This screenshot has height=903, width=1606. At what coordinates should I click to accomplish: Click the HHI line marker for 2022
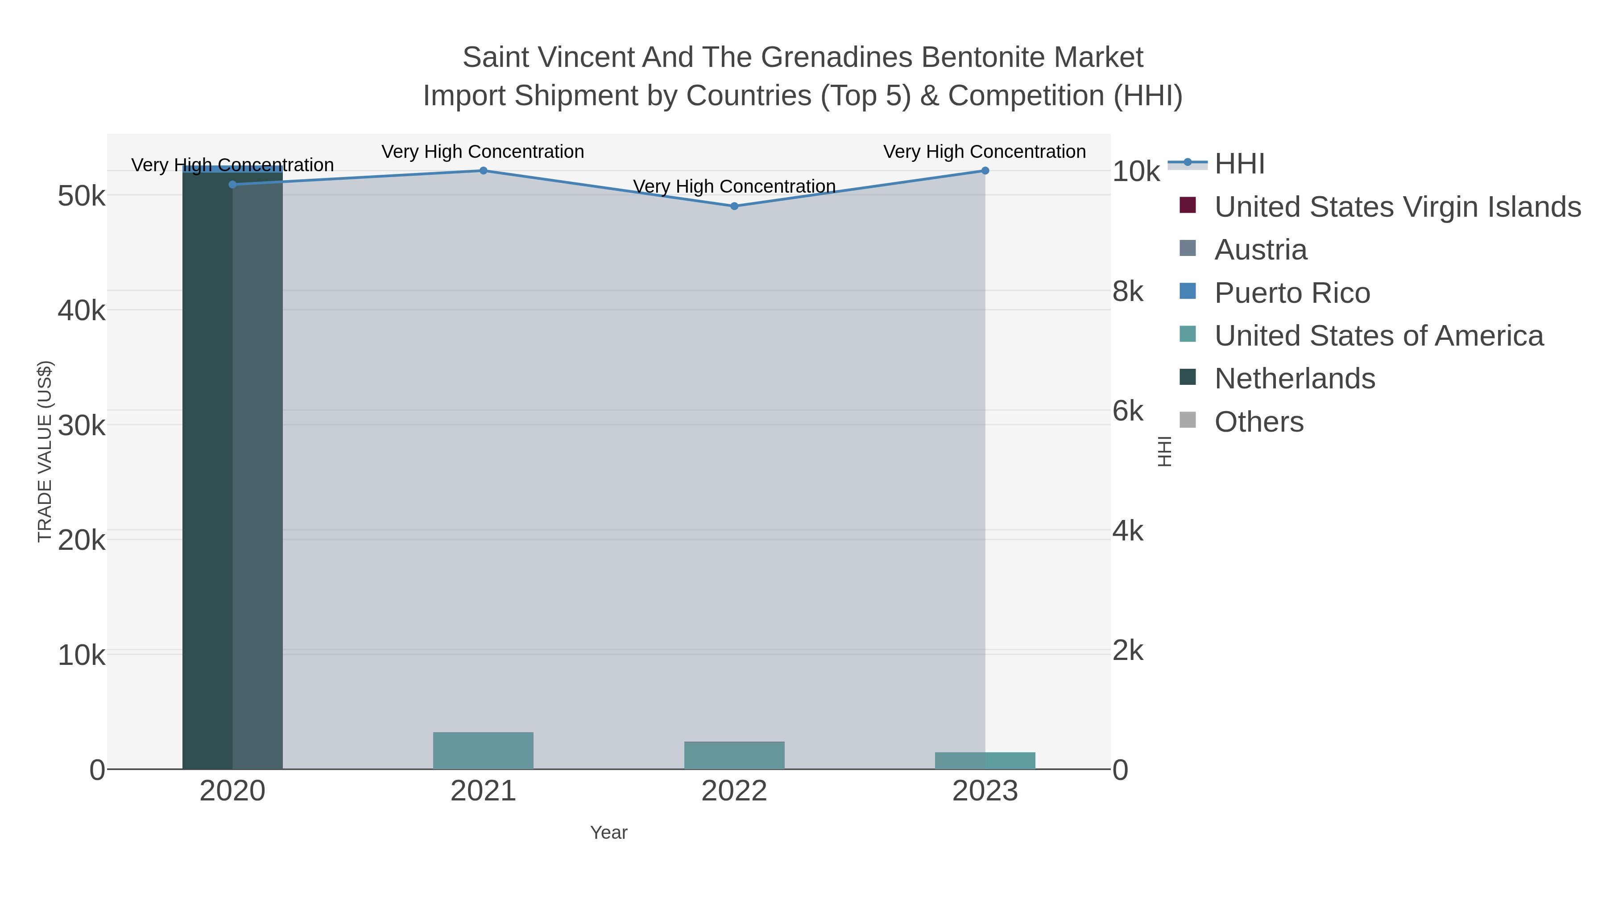(734, 206)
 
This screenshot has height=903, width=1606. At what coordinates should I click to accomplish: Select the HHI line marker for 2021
(483, 171)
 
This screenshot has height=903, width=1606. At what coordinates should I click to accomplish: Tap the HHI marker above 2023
(985, 171)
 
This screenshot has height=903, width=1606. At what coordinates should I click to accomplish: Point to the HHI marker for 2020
(232, 185)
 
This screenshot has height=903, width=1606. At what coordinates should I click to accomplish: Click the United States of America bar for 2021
(483, 750)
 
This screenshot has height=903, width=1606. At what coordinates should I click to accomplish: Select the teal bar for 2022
(734, 755)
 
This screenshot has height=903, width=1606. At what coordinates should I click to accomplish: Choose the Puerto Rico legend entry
(1292, 293)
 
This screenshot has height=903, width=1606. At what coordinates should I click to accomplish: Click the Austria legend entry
(1261, 250)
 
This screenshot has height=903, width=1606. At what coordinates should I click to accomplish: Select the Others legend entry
(1259, 422)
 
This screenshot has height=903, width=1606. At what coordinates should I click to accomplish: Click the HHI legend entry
(1239, 164)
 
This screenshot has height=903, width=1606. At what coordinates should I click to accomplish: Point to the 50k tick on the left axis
(81, 196)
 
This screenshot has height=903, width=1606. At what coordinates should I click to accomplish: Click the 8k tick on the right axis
(1128, 292)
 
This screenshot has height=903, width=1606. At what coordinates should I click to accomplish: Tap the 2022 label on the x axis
(734, 792)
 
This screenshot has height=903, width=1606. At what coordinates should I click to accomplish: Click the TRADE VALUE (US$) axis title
(45, 451)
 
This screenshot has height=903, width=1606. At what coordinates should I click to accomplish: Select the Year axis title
(608, 833)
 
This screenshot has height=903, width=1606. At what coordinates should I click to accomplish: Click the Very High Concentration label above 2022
(734, 186)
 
